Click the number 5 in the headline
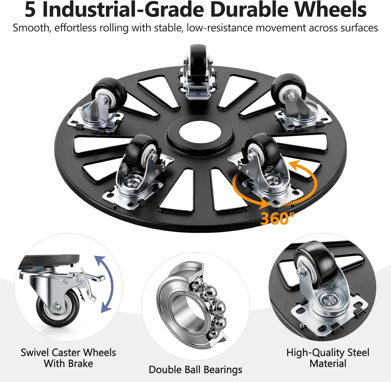pyautogui.click(x=30, y=10)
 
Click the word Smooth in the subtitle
pyautogui.click(x=31, y=28)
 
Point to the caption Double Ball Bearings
pyautogui.click(x=195, y=369)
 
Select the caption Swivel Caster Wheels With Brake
pyautogui.click(x=68, y=358)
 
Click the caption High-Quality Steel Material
pyautogui.click(x=328, y=358)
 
